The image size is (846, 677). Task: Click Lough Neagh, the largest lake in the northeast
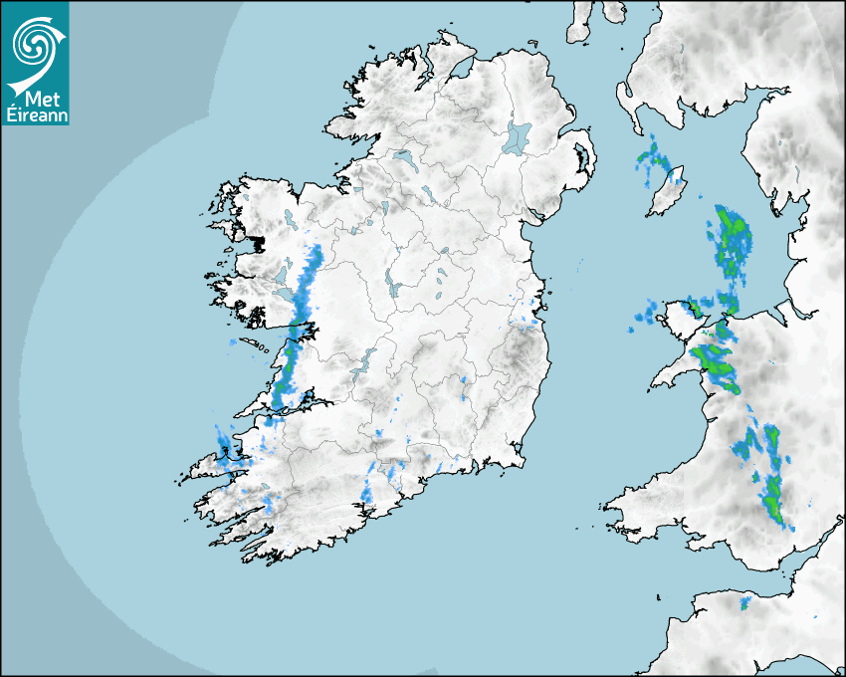518,136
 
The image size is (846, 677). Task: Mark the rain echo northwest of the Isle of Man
653,162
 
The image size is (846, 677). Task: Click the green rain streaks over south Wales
769,478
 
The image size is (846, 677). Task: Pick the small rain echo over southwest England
744,602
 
